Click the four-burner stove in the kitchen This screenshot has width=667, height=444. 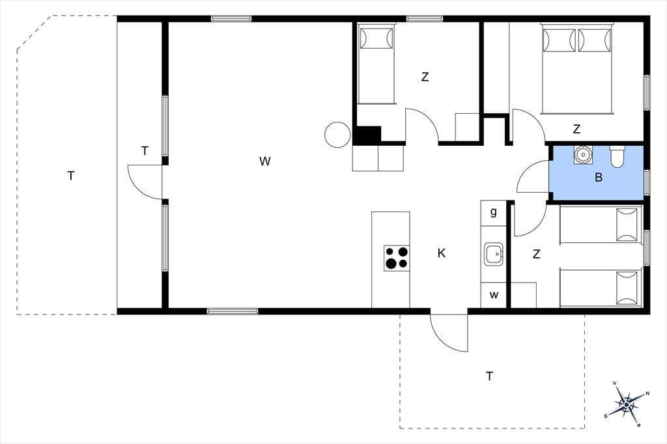coord(397,258)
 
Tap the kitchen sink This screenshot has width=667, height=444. coord(494,255)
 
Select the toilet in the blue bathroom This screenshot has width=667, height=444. coord(617,156)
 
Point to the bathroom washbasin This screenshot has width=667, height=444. coord(582,155)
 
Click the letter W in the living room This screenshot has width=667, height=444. coord(264,161)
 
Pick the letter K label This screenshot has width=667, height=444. coord(442,253)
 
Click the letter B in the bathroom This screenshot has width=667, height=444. coord(599,177)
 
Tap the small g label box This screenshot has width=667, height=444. coord(494,213)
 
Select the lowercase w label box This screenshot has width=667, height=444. coord(494,295)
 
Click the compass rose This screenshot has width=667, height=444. coord(627,404)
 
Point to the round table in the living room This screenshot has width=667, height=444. coord(337,135)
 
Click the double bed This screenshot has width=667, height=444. coord(578,68)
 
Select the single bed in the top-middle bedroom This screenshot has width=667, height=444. coord(376,64)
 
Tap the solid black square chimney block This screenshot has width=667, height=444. coord(367,135)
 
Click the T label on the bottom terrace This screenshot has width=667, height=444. coord(490,376)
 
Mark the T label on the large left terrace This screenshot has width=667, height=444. coord(71,176)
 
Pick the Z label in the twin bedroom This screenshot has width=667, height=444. coord(537,255)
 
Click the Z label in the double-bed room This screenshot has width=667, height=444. coord(576,129)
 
